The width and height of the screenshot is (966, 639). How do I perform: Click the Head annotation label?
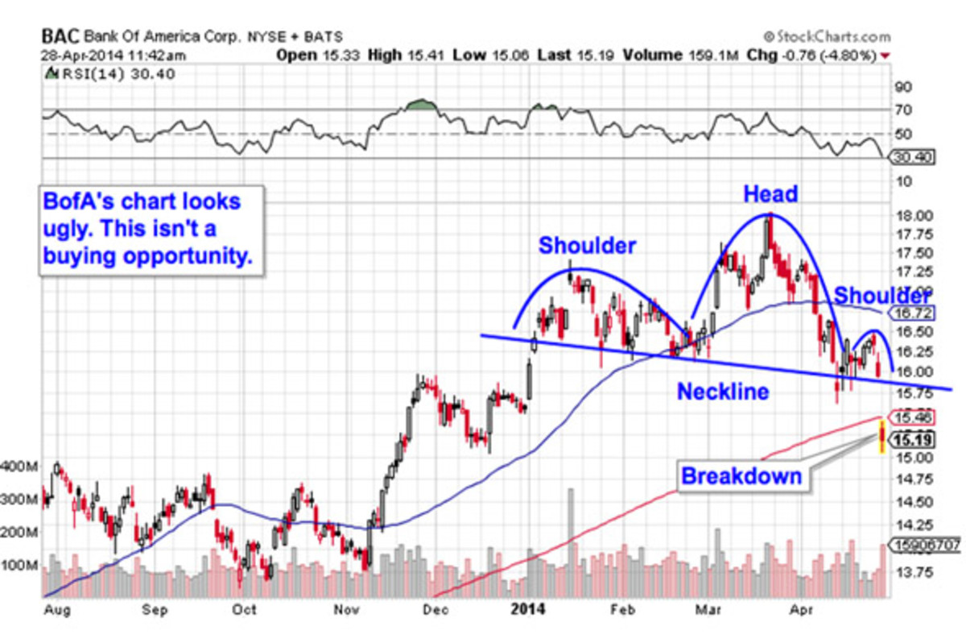pyautogui.click(x=770, y=194)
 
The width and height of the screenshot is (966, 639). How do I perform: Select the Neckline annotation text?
pyautogui.click(x=722, y=392)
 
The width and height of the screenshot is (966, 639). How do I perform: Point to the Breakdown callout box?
pyautogui.click(x=741, y=476)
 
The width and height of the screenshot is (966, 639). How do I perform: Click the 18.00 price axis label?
pyautogui.click(x=914, y=216)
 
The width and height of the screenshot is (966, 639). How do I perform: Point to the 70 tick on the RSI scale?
pyautogui.click(x=903, y=110)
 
